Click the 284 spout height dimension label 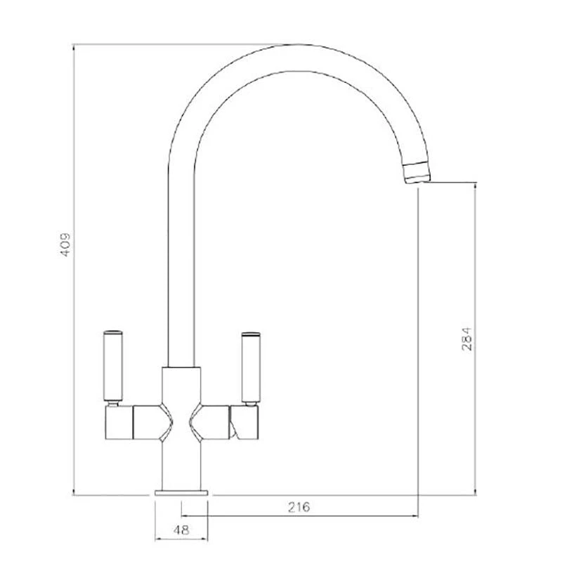(x=466, y=340)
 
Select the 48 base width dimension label (x=181, y=531)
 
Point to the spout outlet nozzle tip (x=417, y=172)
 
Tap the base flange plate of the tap (x=182, y=492)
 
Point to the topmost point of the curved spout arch (x=295, y=44)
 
